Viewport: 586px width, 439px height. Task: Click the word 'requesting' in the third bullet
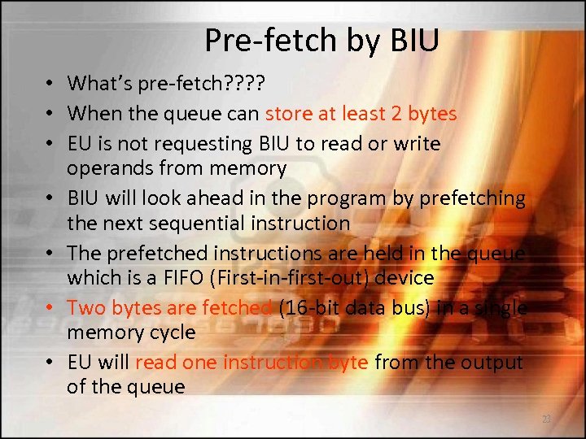(185, 144)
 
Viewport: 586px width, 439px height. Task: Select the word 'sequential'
(218, 223)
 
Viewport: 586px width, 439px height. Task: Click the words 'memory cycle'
(131, 332)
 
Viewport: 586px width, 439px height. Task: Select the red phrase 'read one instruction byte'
(251, 362)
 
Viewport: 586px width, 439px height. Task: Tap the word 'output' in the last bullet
(495, 362)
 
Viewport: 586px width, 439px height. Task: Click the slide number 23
(546, 419)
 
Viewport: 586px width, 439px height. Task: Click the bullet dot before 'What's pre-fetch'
(50, 84)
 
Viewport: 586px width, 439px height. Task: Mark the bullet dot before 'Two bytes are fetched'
(50, 308)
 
